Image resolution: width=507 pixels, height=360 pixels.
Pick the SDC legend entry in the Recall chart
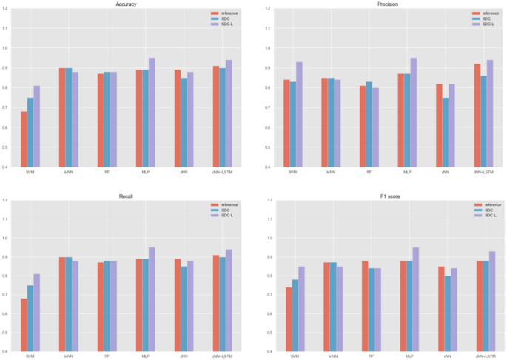click(x=222, y=210)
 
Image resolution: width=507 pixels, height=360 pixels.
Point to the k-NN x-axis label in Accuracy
click(x=68, y=172)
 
